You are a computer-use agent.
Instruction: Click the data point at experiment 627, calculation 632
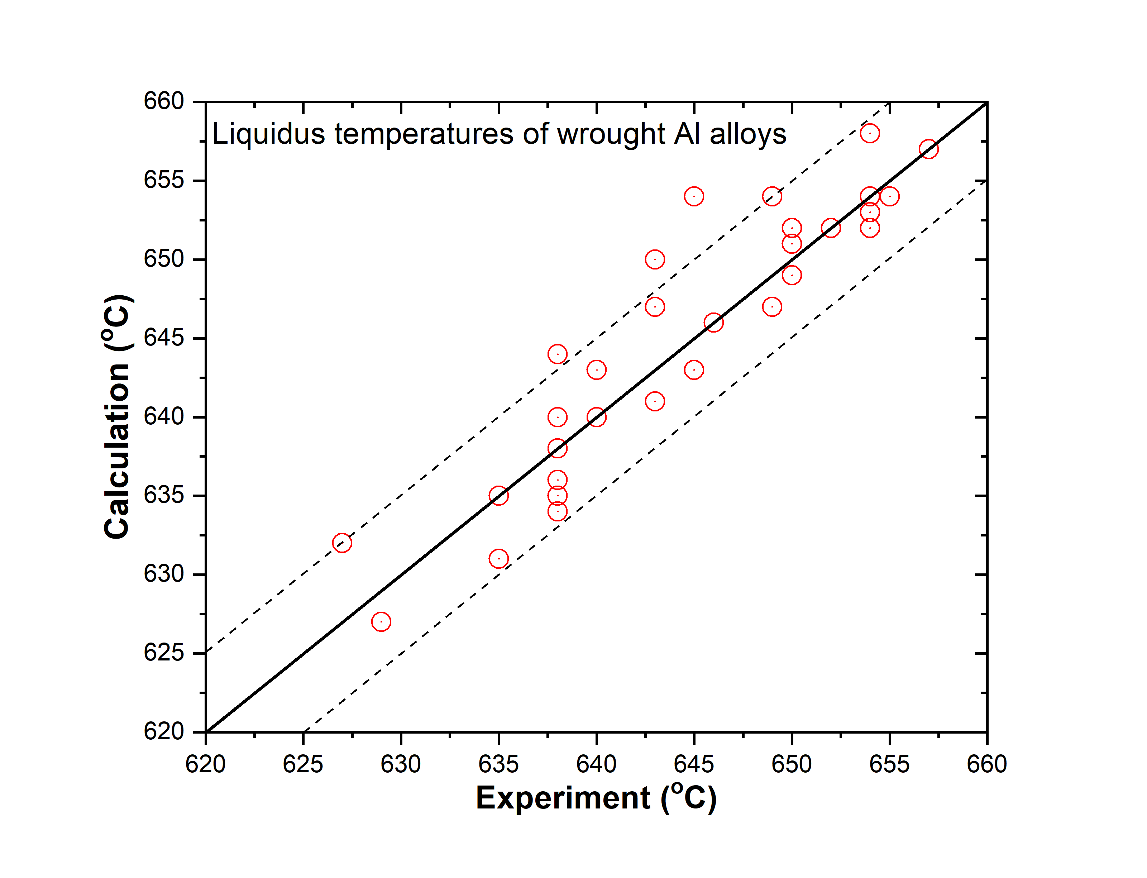pos(342,543)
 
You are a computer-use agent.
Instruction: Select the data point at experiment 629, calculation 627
pos(381,621)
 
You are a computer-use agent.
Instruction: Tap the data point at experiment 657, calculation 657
pos(928,149)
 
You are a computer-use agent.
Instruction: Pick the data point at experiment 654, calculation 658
pos(870,133)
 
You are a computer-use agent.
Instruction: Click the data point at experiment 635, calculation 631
pos(498,559)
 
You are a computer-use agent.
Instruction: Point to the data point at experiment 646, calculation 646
pos(713,323)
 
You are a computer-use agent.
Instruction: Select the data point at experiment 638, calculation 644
pos(557,354)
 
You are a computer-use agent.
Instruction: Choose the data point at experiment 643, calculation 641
pos(655,401)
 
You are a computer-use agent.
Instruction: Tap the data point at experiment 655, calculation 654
pos(889,196)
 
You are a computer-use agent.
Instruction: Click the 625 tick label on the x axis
pos(303,764)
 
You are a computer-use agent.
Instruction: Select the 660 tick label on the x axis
pos(986,764)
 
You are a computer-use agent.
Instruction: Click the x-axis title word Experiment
pos(563,798)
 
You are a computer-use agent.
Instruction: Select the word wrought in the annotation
pos(611,135)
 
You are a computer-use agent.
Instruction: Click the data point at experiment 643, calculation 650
pos(655,259)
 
